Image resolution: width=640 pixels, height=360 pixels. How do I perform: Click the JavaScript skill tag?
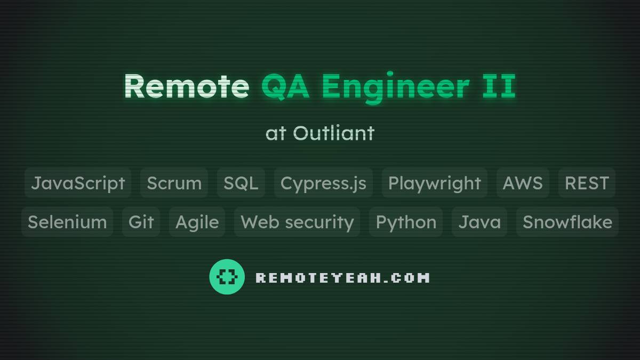coord(78,183)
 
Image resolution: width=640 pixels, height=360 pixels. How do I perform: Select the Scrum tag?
coord(174,183)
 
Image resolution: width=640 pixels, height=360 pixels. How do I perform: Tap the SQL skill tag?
coord(241,183)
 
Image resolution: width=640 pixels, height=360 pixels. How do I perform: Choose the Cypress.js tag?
coord(323,183)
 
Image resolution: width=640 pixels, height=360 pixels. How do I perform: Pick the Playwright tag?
coord(434,183)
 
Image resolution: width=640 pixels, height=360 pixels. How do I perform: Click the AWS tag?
coord(522,183)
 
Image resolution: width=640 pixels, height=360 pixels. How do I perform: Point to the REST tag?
coord(587,183)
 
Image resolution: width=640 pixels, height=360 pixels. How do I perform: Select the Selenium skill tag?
coord(67,222)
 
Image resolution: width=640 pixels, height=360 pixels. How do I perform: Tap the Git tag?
coord(141,222)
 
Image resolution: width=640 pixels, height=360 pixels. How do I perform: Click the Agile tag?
coord(197,222)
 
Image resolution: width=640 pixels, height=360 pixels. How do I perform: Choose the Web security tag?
coord(297,222)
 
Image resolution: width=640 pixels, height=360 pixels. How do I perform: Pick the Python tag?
coord(406,222)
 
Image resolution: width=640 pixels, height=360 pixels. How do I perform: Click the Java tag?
coord(479,222)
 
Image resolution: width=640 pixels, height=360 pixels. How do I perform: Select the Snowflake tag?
coord(567,222)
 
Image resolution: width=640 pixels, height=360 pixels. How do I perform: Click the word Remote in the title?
coord(187,86)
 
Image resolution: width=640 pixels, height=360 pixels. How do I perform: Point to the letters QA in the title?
coord(285,86)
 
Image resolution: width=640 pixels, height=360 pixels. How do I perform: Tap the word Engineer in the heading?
coord(395,86)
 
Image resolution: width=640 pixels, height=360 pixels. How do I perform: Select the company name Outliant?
coord(333,133)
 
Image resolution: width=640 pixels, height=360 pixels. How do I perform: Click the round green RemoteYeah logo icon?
coord(227,277)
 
